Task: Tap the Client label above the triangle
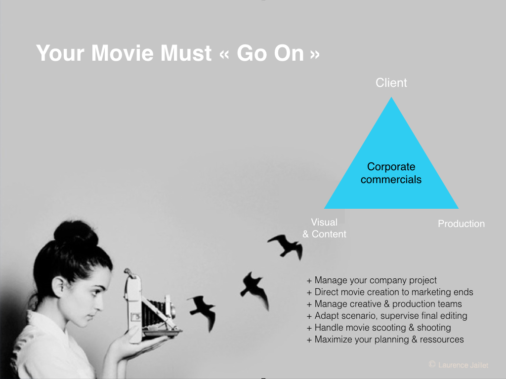[x=391, y=83]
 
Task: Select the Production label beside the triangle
[x=461, y=224]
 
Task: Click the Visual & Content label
[x=324, y=228]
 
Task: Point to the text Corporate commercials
[x=391, y=173]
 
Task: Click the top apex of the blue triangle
[x=391, y=97]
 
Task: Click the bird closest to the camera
[x=202, y=312]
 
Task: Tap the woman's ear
[x=59, y=288]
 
